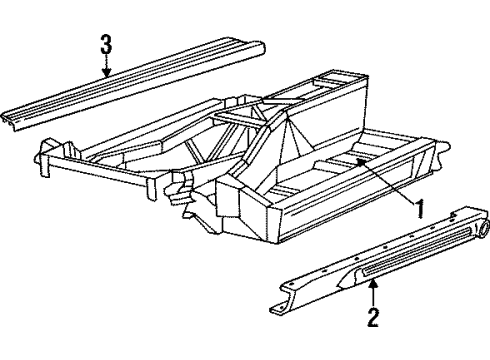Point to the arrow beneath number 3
pyautogui.click(x=107, y=65)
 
